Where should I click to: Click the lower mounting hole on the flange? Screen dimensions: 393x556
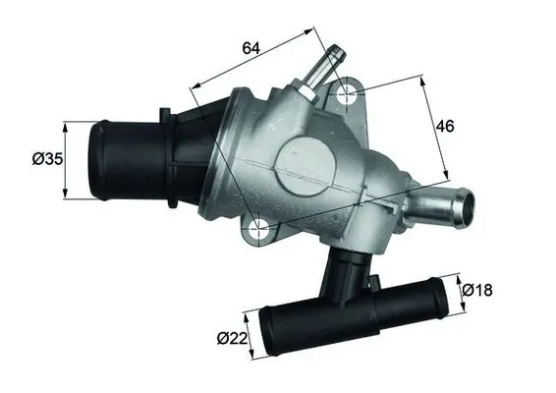(258, 232)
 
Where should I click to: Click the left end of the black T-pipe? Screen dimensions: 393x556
(271, 332)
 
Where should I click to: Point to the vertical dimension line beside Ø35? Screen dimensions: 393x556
(66, 159)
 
